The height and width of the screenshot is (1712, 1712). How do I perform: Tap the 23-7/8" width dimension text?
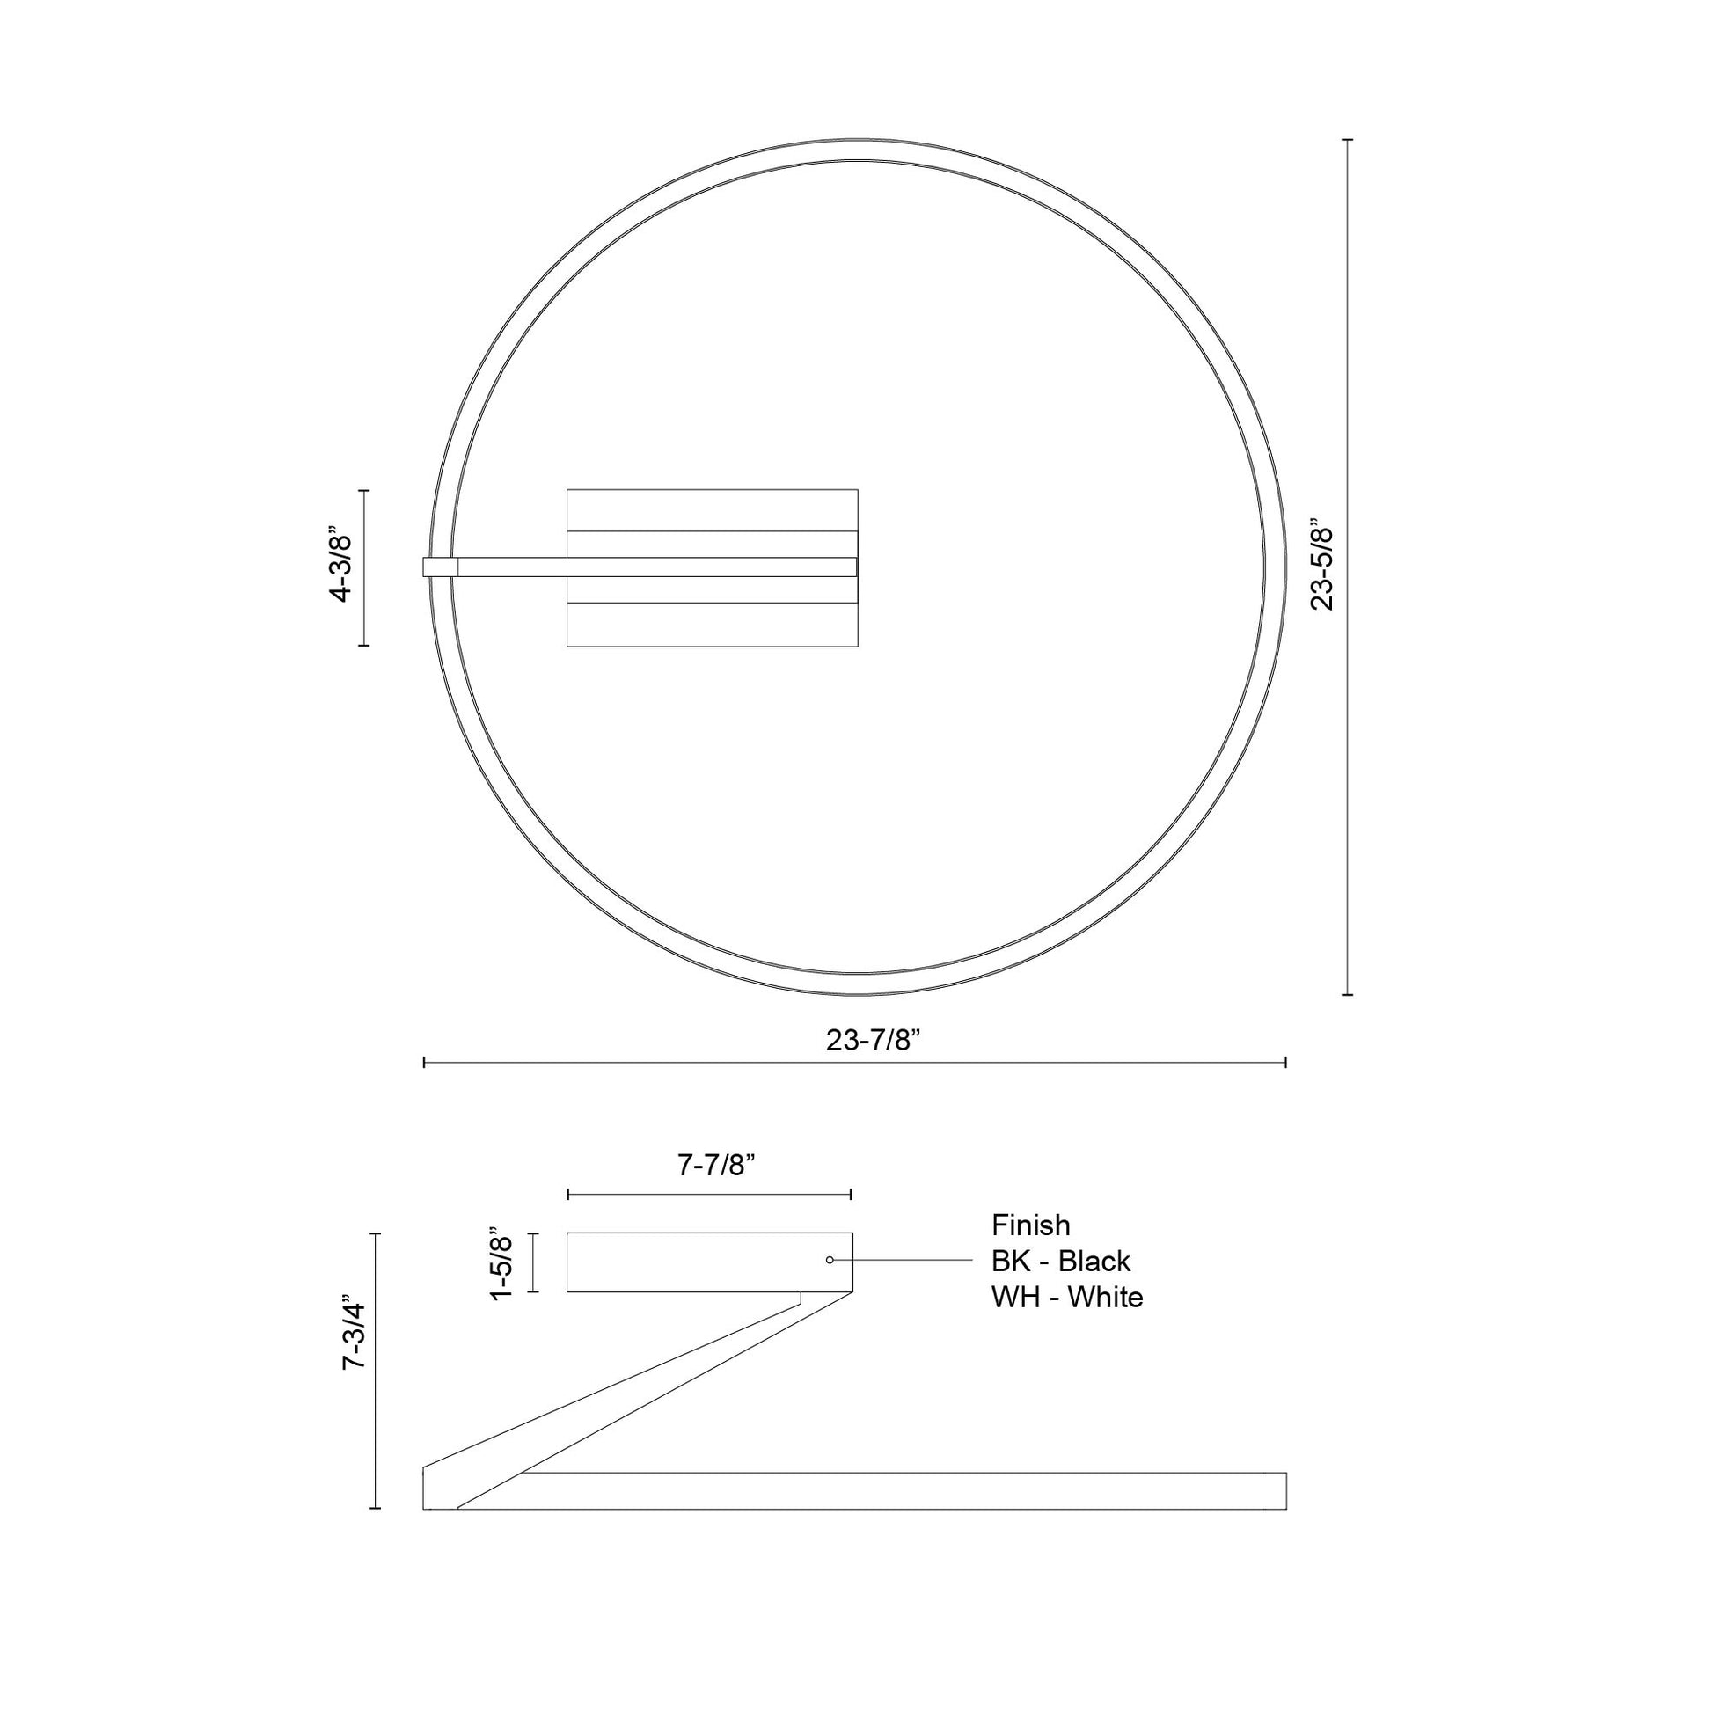[x=874, y=1040]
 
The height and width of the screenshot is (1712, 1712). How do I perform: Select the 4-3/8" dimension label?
[x=341, y=567]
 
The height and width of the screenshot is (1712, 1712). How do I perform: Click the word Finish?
[x=1030, y=1225]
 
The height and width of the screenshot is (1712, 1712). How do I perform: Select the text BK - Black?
[x=1061, y=1261]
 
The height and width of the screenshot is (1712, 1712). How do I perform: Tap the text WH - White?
[x=1067, y=1298]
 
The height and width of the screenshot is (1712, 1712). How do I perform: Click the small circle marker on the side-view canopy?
[x=830, y=1259]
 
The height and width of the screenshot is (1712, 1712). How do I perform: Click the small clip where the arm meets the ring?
[x=440, y=567]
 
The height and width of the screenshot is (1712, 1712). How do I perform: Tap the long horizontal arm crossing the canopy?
[x=655, y=567]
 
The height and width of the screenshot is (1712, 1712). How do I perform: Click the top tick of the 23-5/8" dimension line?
[x=1348, y=140]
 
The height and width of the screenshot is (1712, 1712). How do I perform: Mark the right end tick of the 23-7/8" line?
[x=1285, y=1062]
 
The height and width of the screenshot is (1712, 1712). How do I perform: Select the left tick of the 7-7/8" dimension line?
[x=568, y=1195]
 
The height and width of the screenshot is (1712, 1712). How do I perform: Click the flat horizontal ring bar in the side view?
[x=904, y=1490]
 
